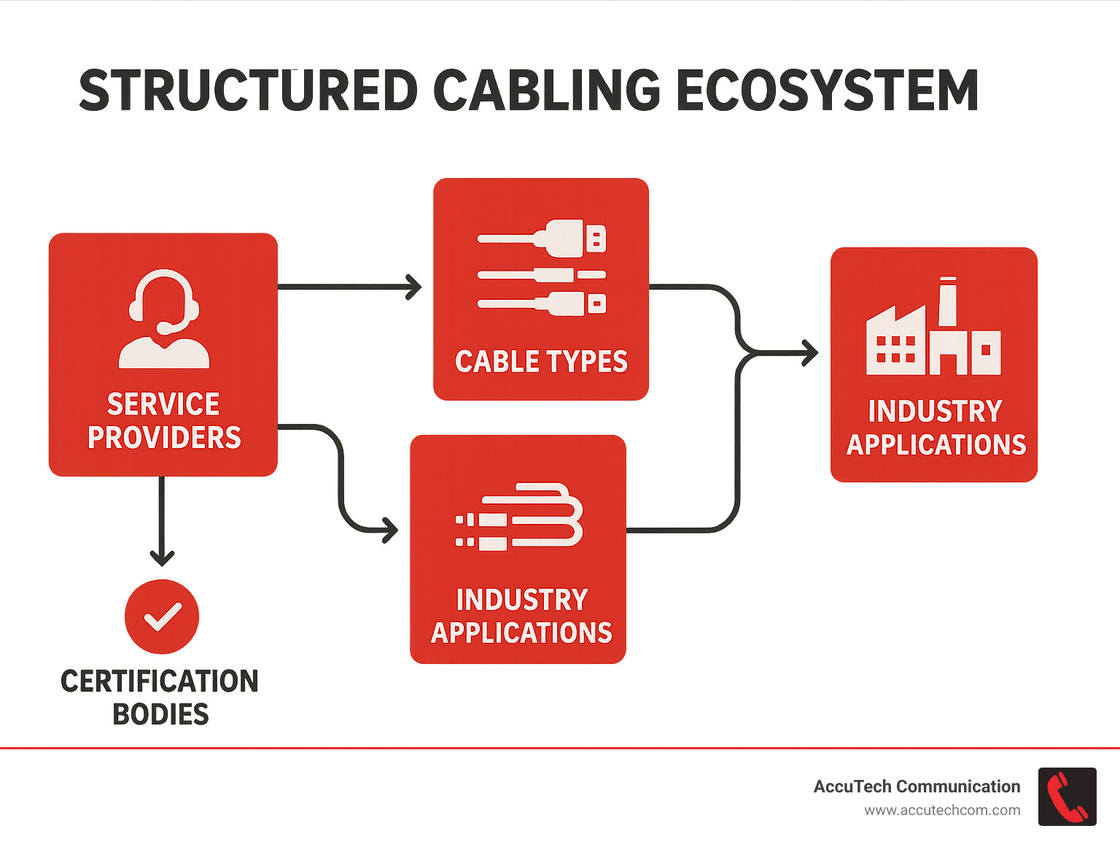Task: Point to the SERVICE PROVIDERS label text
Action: click(x=164, y=421)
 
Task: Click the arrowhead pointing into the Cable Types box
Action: click(x=415, y=287)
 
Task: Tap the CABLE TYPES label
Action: click(x=541, y=362)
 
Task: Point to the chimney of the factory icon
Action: click(x=947, y=301)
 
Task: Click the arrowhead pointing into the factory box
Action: click(x=810, y=353)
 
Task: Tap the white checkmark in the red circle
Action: click(x=162, y=617)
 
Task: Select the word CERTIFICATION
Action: click(x=160, y=681)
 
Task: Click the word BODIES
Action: click(x=160, y=714)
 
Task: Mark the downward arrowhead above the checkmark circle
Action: click(x=162, y=559)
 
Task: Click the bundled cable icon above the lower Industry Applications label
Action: click(x=519, y=517)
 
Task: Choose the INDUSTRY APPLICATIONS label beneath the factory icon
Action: click(x=936, y=428)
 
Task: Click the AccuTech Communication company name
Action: click(x=917, y=787)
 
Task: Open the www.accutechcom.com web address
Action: click(x=942, y=811)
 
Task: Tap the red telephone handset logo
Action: click(x=1067, y=797)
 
